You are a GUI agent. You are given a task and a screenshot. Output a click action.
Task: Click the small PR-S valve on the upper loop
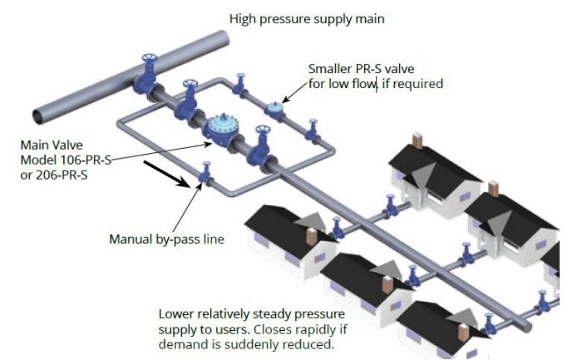click(274, 108)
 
